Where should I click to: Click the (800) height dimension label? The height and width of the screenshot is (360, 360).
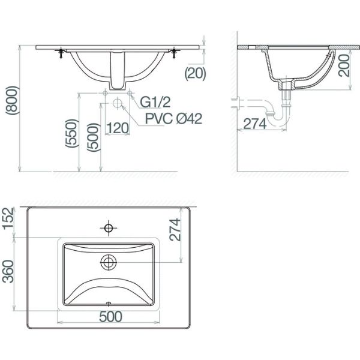pyautogui.click(x=12, y=100)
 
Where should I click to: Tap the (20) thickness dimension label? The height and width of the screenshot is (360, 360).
pyautogui.click(x=196, y=74)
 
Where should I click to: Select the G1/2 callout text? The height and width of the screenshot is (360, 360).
pyautogui.click(x=155, y=102)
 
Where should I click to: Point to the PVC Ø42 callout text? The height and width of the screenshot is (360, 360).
pyautogui.click(x=173, y=119)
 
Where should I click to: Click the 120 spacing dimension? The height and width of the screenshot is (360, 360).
pyautogui.click(x=118, y=128)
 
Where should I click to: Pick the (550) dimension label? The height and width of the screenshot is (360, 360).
pyautogui.click(x=72, y=133)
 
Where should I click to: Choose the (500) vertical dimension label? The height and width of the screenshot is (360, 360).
pyautogui.click(x=94, y=137)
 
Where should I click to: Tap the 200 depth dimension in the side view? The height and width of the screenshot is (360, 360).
pyautogui.click(x=344, y=65)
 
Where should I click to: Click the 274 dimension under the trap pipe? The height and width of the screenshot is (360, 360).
pyautogui.click(x=255, y=124)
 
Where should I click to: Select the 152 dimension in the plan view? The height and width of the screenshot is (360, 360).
pyautogui.click(x=8, y=218)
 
